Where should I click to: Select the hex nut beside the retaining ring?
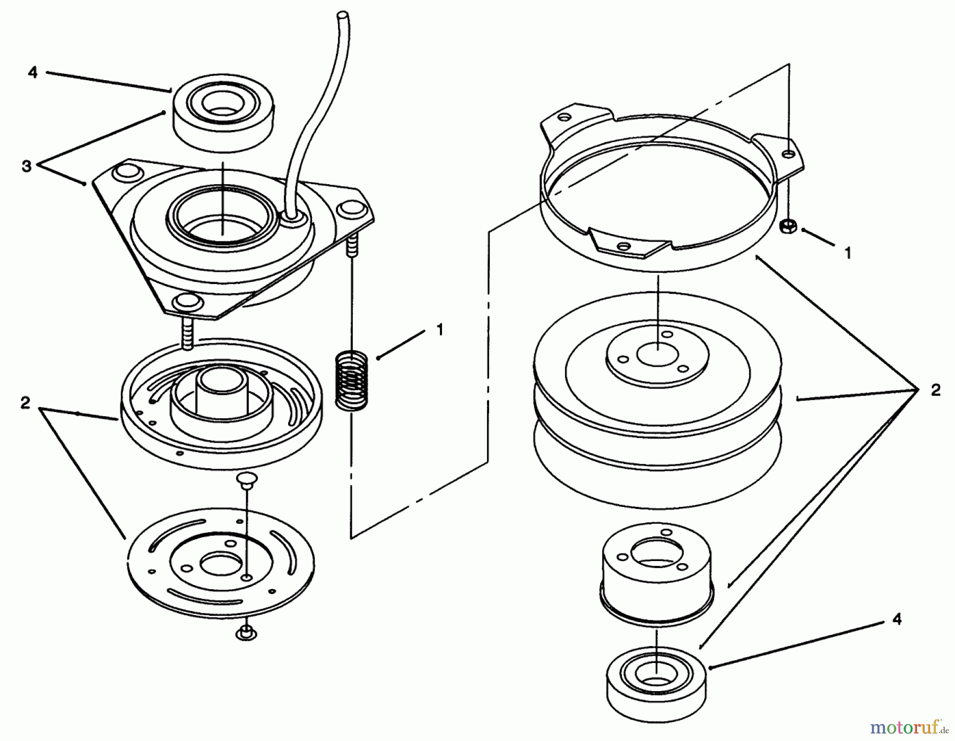[x=787, y=227]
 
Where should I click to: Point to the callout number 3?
[x=27, y=166]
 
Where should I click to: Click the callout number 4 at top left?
[x=33, y=73]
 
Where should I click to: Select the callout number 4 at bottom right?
[x=896, y=619]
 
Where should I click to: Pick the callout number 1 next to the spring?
[x=439, y=330]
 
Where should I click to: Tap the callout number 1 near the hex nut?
[x=848, y=253]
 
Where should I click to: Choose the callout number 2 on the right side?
[x=935, y=390]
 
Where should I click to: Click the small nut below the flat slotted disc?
[x=245, y=633]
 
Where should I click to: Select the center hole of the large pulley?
[x=657, y=354]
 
